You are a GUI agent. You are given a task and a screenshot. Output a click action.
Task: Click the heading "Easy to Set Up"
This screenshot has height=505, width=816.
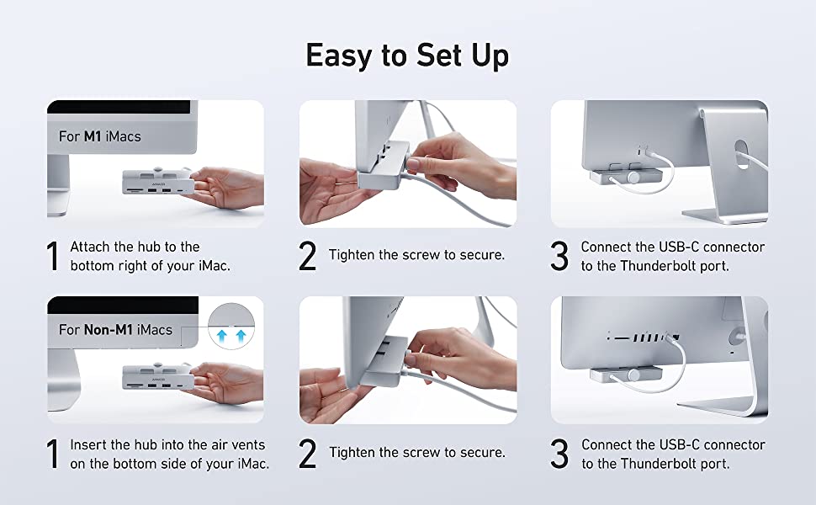coord(407,56)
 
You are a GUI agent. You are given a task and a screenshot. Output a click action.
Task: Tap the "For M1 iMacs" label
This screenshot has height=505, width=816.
coord(100,136)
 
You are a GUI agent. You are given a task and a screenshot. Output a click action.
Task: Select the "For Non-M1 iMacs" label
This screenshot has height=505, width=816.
coord(115,330)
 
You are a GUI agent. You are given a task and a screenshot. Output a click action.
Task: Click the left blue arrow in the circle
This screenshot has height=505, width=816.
coord(222,335)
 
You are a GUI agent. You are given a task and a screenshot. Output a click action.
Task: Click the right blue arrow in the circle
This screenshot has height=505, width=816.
coord(241,335)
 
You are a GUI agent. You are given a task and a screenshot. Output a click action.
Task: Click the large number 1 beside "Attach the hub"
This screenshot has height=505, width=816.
coord(52,256)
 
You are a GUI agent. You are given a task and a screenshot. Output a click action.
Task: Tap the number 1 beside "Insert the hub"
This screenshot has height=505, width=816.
coord(52,454)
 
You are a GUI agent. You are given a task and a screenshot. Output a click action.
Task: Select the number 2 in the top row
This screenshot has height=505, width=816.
coord(308,256)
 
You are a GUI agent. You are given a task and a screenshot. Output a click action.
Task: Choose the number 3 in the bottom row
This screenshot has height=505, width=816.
coord(559,454)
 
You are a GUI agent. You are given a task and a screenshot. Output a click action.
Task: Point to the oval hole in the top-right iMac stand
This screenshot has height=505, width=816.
coord(741,153)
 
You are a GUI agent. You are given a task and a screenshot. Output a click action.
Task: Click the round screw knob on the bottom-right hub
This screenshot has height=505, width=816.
coord(633,375)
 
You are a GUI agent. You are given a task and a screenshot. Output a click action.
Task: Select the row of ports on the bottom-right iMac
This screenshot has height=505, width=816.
coord(644,338)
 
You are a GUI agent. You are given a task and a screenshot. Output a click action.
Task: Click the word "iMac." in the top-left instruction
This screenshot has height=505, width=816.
coord(214,266)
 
